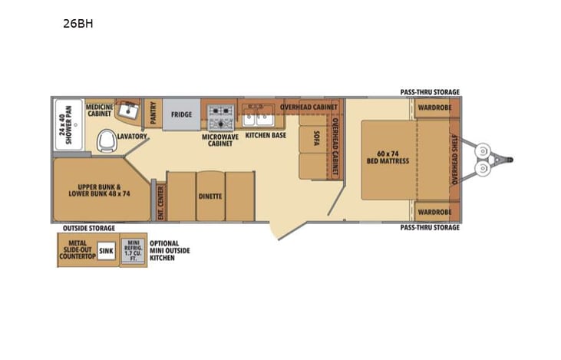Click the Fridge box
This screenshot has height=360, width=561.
[x=181, y=115]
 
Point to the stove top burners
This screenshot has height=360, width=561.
[x=220, y=116]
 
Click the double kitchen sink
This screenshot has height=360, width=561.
[x=254, y=117]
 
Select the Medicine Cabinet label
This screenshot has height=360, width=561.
[x=99, y=110]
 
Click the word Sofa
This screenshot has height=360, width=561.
[x=315, y=139]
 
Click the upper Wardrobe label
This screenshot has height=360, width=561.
[x=434, y=108]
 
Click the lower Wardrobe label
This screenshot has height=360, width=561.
[x=434, y=212]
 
